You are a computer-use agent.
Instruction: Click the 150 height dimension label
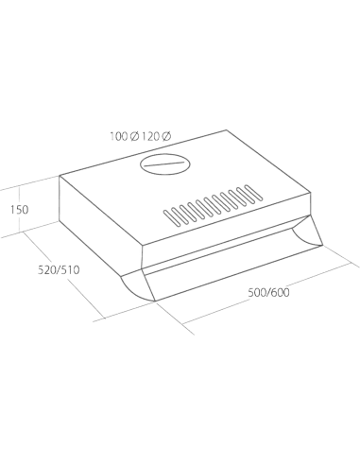19,210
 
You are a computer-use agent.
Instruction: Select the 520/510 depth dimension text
59,270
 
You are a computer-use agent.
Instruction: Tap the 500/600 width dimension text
268,293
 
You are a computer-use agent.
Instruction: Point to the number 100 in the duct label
119,137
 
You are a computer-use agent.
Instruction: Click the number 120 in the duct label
149,137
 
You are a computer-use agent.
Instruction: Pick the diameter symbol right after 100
134,137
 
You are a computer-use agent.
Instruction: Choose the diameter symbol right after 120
166,137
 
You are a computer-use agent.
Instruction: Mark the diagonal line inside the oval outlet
164,164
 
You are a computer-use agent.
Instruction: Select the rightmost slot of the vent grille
254,193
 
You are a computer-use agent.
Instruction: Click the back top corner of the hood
226,130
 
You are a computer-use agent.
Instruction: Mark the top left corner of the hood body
60,176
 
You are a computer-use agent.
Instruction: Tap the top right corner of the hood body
311,192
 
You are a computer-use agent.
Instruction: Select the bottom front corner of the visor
155,301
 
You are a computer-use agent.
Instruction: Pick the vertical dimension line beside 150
20,211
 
